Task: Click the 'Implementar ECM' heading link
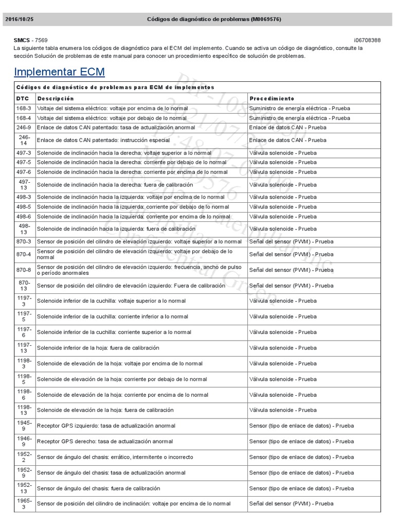[59, 71]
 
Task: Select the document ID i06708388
[367, 40]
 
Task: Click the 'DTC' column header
[22, 98]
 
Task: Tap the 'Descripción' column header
[56, 98]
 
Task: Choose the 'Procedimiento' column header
[272, 98]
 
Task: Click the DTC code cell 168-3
[24, 109]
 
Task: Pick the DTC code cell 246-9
[24, 127]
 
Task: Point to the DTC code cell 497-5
[24, 163]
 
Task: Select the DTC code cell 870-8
[24, 270]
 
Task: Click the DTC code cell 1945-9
[24, 426]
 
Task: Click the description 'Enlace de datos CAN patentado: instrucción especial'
[103, 140]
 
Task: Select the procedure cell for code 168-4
[299, 118]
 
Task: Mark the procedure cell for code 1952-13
[301, 488]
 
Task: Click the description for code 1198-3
[120, 364]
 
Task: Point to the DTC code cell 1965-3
[24, 504]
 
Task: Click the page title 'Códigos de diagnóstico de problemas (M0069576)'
[214, 19]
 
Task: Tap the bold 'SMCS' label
[22, 40]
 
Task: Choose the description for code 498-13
[116, 229]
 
